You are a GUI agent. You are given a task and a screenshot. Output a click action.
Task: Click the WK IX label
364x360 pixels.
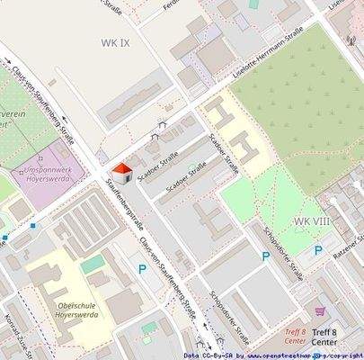click(116, 42)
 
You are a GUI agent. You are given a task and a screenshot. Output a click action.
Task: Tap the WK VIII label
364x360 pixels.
click(312, 220)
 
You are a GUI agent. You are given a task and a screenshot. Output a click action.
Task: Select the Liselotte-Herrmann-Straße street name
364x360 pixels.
click(267, 55)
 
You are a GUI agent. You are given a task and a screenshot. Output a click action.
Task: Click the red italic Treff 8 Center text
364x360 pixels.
click(295, 337)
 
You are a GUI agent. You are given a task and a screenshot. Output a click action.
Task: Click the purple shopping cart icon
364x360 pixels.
click(319, 313)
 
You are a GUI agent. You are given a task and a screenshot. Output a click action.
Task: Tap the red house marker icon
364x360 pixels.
click(120, 172)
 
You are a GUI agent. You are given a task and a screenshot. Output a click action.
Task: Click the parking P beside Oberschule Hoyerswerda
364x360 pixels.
click(142, 268)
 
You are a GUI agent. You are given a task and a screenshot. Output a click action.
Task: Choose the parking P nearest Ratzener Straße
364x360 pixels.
click(317, 250)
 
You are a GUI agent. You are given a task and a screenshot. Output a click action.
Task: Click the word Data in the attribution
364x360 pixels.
click(191, 355)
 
